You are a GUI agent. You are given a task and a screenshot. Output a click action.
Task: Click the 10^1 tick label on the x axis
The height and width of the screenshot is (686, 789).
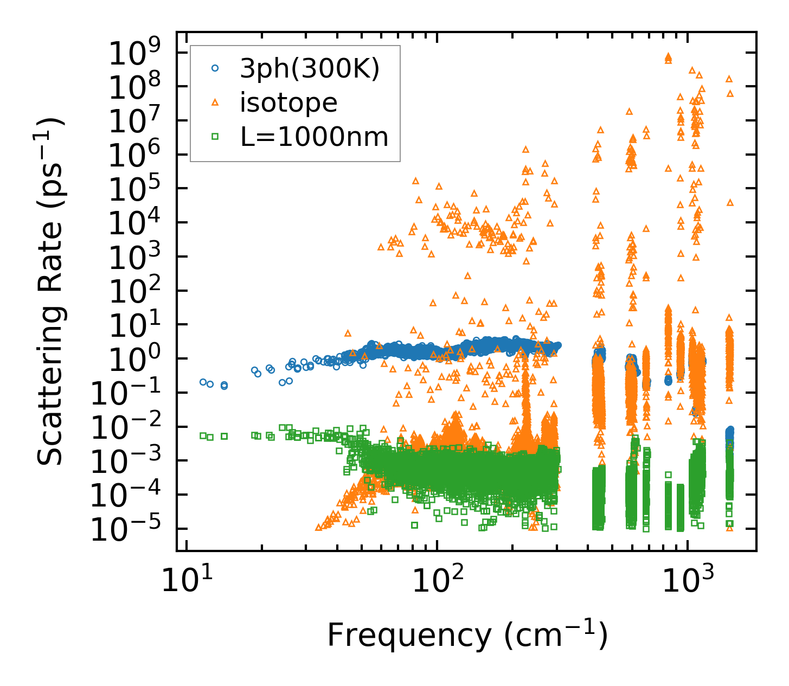(x=186, y=583)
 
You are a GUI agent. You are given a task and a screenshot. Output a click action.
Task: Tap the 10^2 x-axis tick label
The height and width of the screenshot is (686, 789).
(x=437, y=583)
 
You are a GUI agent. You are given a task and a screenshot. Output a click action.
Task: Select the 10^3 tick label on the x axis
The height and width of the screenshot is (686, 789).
(x=687, y=583)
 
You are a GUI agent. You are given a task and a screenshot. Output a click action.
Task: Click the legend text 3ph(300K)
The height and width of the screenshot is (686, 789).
(x=310, y=69)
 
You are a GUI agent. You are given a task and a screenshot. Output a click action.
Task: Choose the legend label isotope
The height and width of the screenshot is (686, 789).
(x=288, y=102)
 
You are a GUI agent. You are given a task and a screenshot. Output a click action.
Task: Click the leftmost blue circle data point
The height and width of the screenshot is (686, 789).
(x=203, y=382)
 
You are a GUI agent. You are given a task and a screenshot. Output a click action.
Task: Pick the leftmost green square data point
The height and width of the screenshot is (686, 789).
(x=203, y=435)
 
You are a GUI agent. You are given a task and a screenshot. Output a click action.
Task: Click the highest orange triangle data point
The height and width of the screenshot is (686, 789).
(x=668, y=56)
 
